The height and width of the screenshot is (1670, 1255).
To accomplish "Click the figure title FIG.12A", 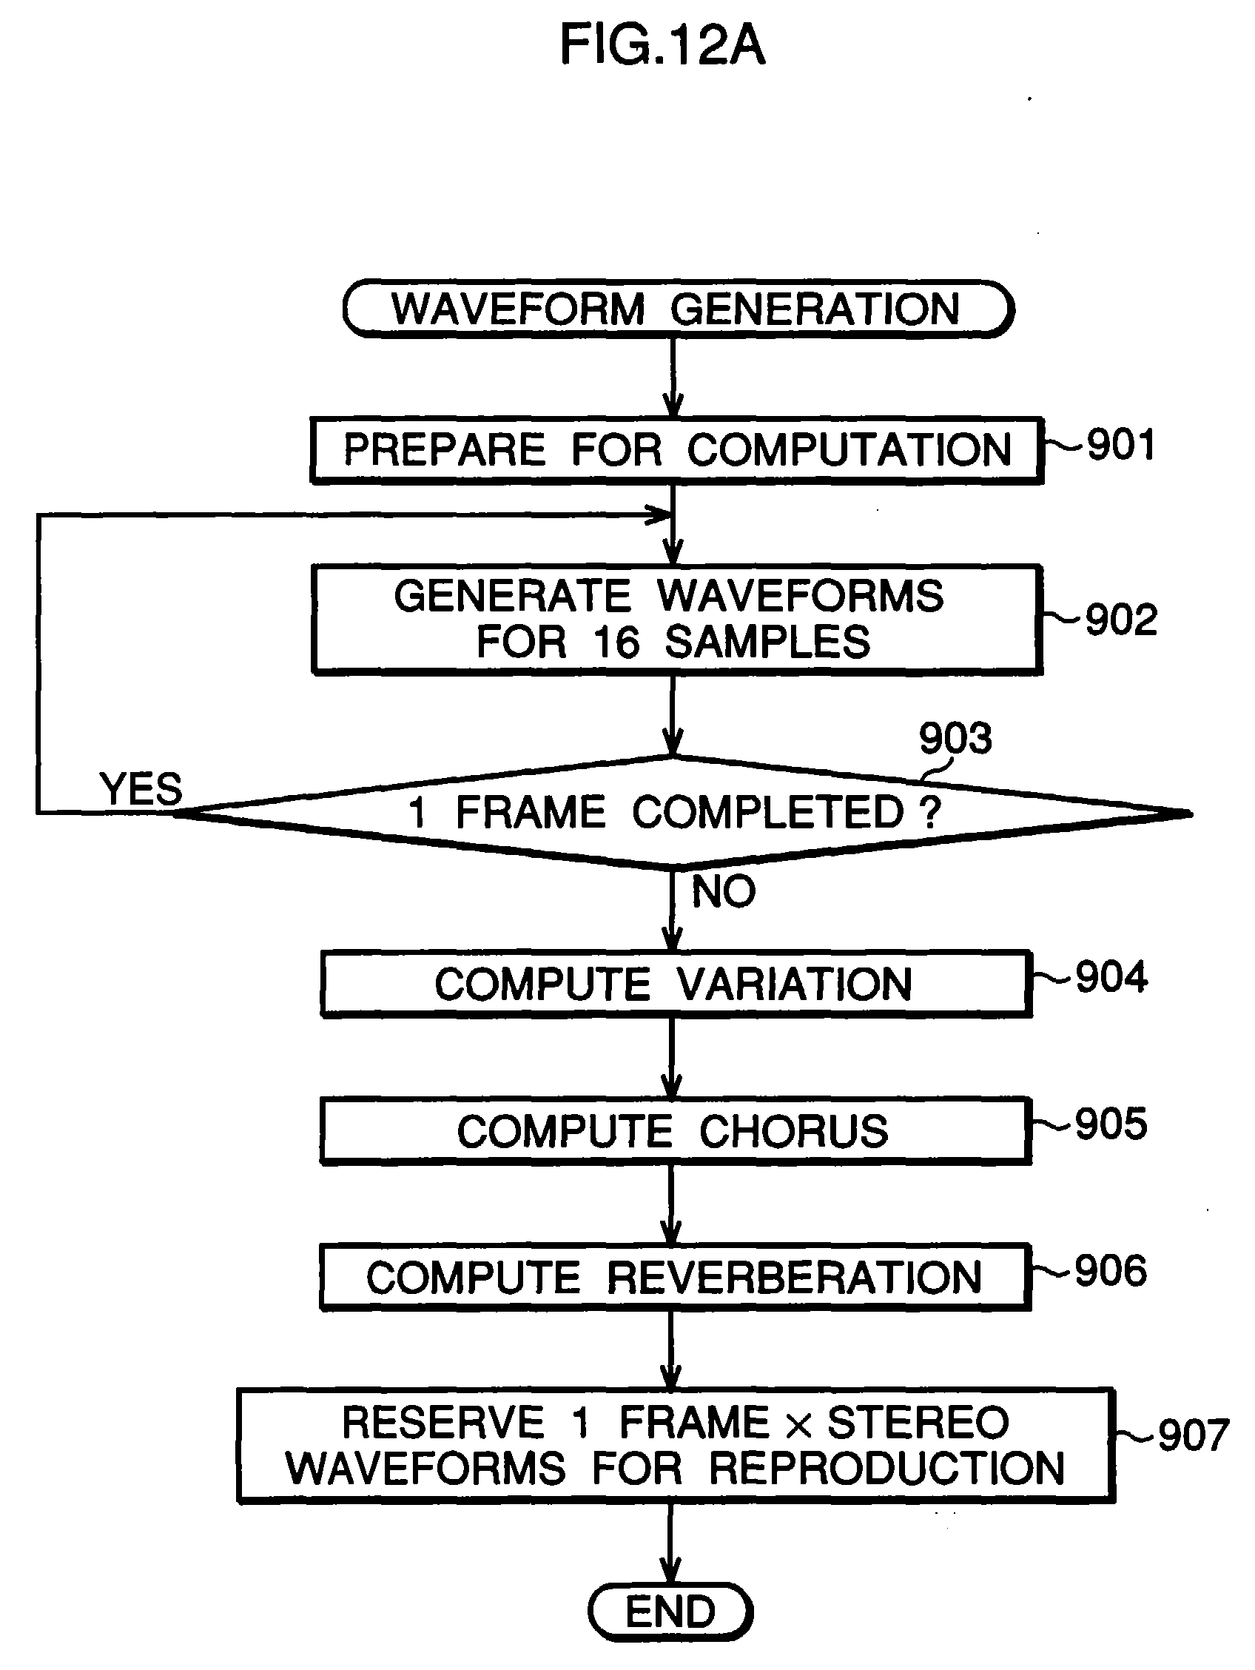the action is point(662,44).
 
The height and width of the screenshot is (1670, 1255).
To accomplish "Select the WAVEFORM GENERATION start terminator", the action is point(678,309).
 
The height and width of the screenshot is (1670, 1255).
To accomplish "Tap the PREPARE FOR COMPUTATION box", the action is point(677,450).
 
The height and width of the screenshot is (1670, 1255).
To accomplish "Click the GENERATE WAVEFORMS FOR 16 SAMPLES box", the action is point(677,619).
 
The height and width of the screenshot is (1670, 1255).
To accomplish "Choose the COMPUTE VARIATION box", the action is point(676,985).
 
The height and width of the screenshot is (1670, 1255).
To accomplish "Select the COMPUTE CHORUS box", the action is point(676,1131).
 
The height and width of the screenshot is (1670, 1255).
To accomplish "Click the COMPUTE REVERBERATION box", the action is point(676,1278).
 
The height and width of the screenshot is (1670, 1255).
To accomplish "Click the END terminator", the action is point(670,1612).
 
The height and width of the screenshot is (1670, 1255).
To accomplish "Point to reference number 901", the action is point(1121,445).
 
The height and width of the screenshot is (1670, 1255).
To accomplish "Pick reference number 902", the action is point(1121,620).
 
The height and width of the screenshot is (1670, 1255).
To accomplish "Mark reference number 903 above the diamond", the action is point(955,737).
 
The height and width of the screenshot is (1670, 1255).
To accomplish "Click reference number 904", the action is point(1111,977).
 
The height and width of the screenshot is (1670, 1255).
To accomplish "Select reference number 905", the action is point(1111,1124).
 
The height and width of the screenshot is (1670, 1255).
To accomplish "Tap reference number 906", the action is point(1111,1270).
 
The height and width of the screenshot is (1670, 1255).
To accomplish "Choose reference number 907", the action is point(1194,1435).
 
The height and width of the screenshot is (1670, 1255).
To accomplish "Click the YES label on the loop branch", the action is point(141,789).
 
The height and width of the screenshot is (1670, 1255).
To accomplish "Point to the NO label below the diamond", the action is point(724,891).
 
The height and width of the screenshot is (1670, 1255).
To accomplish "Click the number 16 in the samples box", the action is point(616,643).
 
